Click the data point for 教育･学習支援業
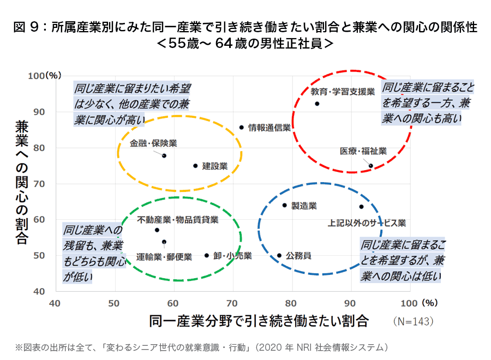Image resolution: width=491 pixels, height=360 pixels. (x=317, y=104)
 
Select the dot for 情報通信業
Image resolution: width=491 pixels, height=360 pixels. (x=242, y=128)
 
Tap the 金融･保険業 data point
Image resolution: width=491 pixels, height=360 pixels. (x=164, y=155)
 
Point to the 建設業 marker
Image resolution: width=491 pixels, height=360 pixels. (x=195, y=166)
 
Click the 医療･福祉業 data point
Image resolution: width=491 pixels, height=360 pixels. (x=371, y=166)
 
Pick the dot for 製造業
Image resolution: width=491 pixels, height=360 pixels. (x=284, y=205)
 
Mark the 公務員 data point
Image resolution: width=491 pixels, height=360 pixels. (x=279, y=255)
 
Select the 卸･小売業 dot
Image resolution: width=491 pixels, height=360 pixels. (x=207, y=255)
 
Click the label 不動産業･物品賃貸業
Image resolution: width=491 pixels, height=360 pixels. (x=178, y=220)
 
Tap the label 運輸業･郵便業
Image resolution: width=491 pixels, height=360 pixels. (x=164, y=257)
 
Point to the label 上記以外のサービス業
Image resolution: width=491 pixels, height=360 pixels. (x=367, y=223)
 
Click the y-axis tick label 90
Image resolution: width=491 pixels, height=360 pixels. (x=39, y=112)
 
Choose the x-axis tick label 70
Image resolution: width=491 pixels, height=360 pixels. (x=232, y=303)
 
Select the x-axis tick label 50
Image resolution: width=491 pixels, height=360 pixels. (x=114, y=303)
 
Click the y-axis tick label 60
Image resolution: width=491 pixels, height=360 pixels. (x=39, y=219)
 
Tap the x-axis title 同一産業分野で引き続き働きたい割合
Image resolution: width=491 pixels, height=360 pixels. (x=259, y=321)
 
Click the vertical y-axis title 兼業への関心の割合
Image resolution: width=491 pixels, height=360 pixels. (x=22, y=182)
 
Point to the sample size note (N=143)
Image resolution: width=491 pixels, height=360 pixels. (x=414, y=321)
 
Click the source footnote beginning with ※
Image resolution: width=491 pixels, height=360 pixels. (x=202, y=347)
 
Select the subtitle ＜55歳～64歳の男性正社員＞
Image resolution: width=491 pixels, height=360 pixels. (x=245, y=44)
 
